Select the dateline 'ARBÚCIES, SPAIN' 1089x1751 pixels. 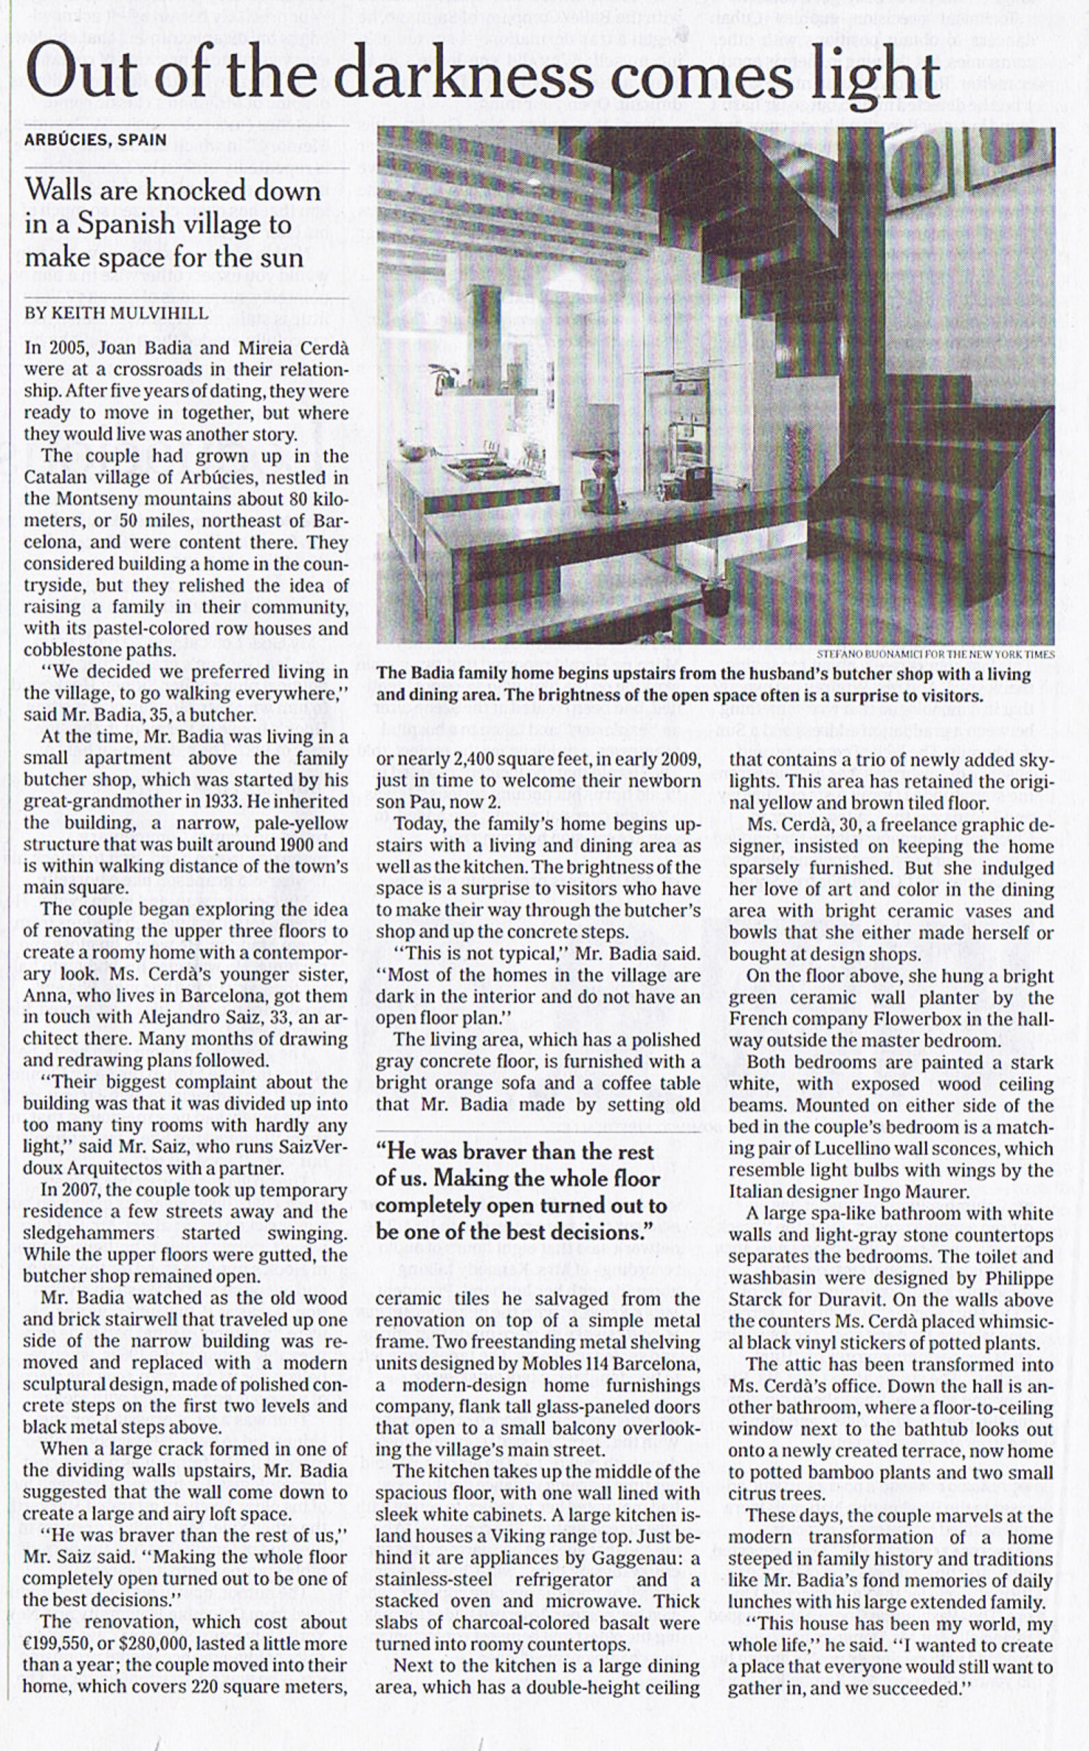click(x=95, y=140)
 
